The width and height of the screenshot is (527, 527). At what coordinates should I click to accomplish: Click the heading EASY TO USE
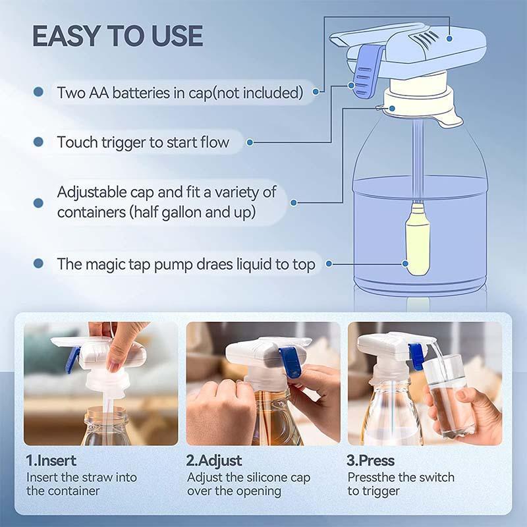(x=117, y=36)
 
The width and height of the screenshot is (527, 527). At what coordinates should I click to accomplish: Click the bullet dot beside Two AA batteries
(x=39, y=92)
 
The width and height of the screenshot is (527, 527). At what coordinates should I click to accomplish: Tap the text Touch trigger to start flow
(x=143, y=142)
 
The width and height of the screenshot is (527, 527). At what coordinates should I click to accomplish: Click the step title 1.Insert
(x=51, y=460)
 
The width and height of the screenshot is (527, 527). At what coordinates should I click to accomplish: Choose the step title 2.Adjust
(x=214, y=460)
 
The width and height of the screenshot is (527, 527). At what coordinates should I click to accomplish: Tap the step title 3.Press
(x=371, y=460)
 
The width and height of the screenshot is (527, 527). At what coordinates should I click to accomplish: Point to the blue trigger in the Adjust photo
(x=291, y=362)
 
